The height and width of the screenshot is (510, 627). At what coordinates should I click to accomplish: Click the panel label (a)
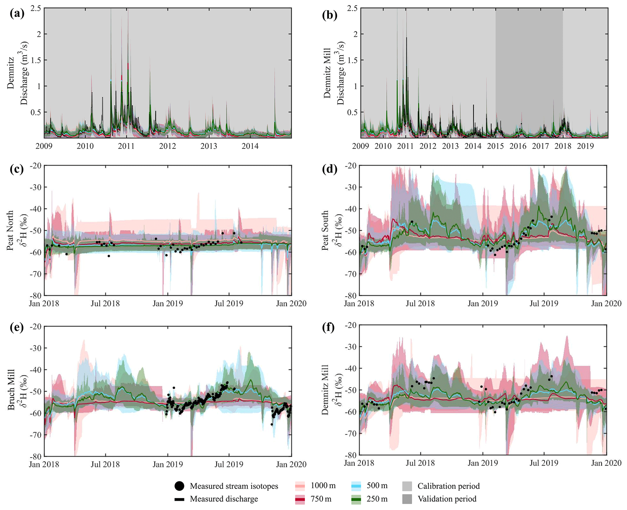17,14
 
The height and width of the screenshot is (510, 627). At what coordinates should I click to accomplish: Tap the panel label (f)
329,328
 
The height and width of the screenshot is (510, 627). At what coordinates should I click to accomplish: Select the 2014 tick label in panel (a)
250,146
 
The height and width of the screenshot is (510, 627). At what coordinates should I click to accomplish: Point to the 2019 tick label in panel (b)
585,146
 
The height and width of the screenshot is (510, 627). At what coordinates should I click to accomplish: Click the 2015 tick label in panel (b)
495,146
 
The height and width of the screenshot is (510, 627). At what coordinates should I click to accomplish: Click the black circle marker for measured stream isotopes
179,486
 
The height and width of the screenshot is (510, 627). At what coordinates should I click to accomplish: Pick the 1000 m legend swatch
300,486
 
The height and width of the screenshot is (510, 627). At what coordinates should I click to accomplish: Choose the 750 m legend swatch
300,499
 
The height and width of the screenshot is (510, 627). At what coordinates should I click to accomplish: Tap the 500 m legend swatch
356,486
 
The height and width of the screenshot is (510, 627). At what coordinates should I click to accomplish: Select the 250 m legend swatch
356,499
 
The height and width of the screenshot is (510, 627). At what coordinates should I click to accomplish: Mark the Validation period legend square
407,499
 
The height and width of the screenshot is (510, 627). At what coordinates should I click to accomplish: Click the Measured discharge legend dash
179,499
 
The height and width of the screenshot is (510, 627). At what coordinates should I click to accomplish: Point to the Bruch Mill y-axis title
11,389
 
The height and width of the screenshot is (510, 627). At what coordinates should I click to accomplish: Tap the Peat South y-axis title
325,230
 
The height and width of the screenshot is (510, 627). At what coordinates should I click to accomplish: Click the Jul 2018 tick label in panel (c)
105,304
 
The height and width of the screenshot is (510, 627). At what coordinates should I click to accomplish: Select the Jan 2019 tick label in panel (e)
167,464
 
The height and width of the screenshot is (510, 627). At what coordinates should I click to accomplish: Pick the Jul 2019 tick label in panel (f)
544,463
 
